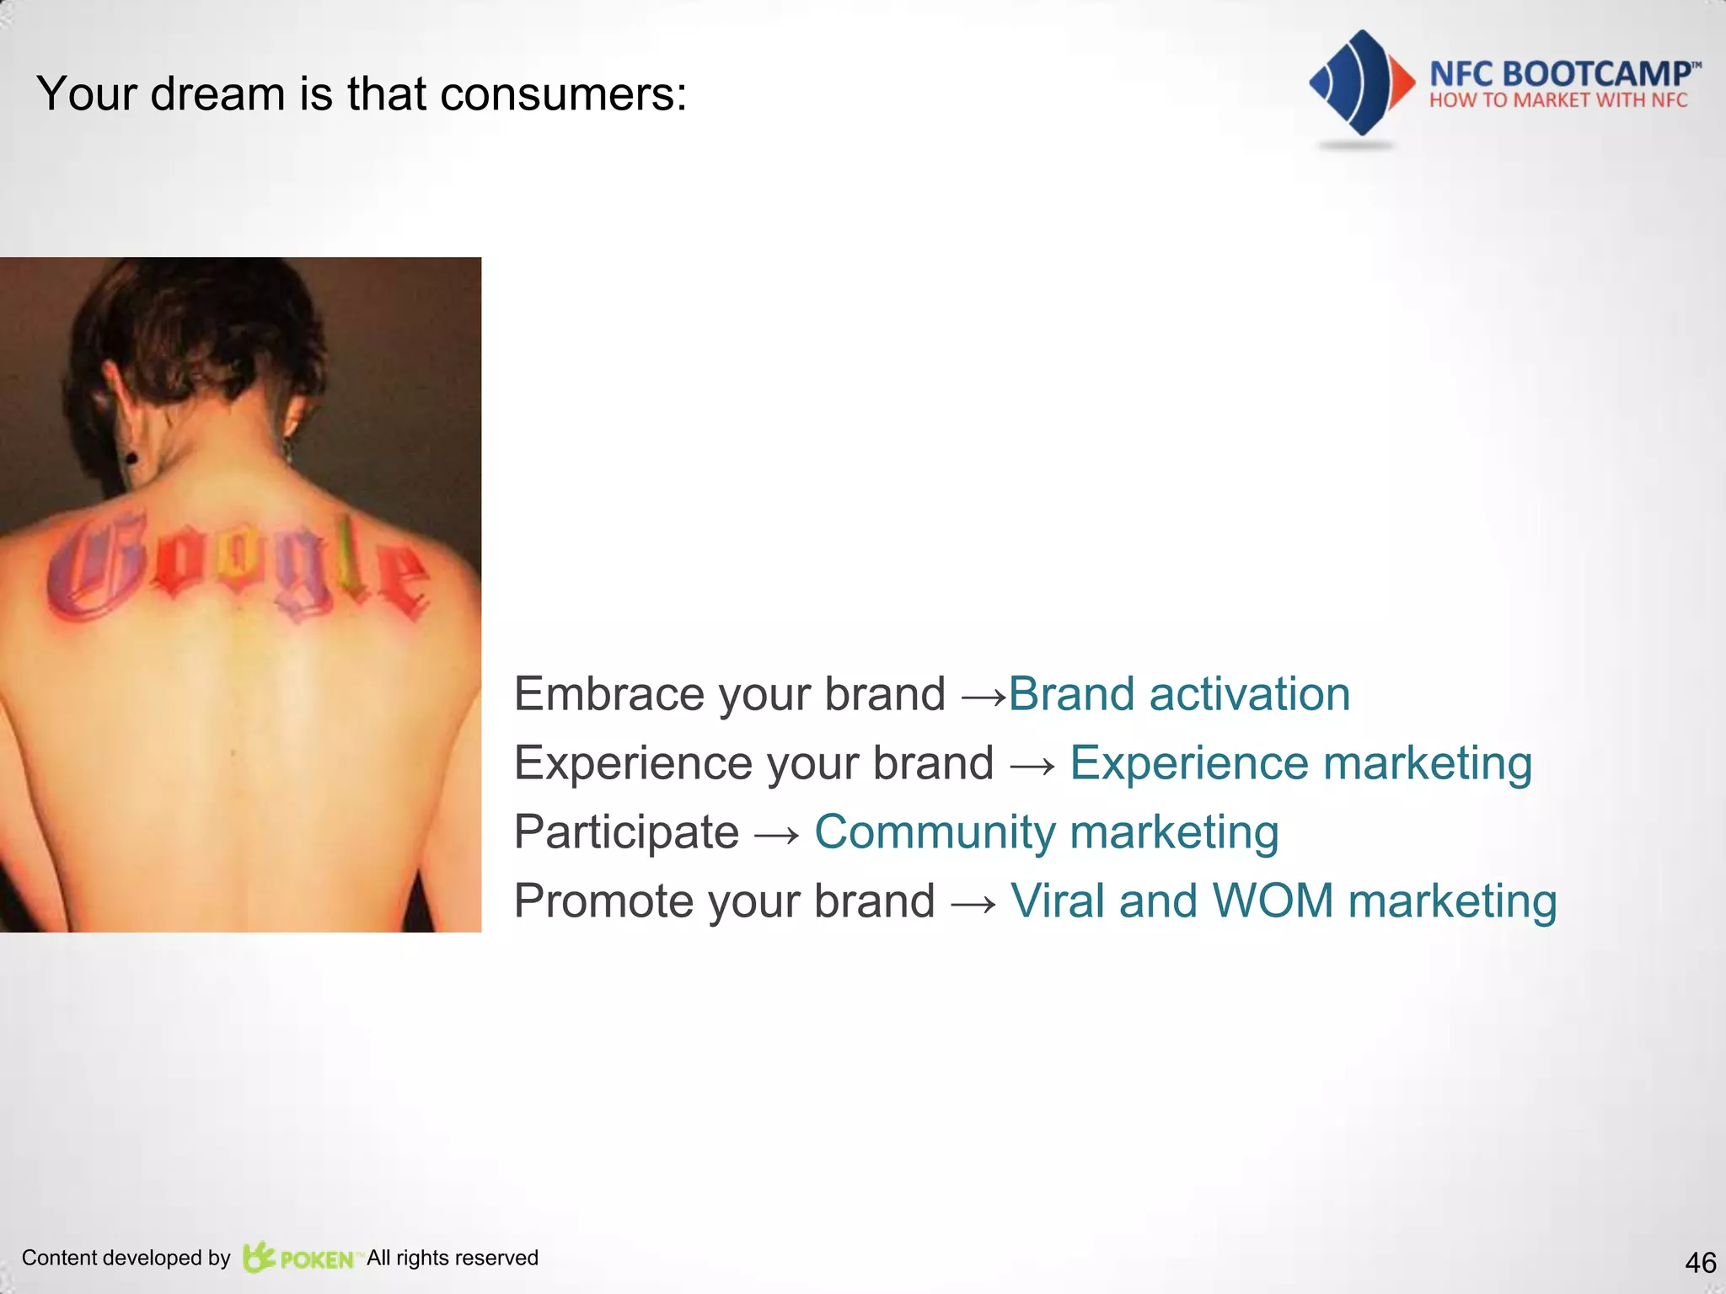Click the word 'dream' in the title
tap(217, 94)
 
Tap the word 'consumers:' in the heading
tap(563, 94)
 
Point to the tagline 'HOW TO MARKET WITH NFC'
tap(1558, 101)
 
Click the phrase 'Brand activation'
tap(1179, 694)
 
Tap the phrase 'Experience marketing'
tap(1300, 763)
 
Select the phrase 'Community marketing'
tap(1046, 832)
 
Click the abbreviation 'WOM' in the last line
tap(1272, 901)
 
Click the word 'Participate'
tap(626, 832)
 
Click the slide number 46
tap(1700, 1263)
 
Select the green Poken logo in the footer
tap(298, 1258)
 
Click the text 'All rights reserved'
tap(453, 1258)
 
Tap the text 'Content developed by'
tap(126, 1258)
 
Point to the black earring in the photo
tap(131, 458)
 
